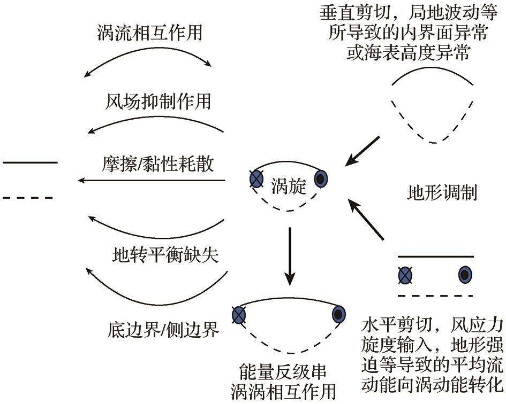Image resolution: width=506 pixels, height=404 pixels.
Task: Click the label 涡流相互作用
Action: (150, 33)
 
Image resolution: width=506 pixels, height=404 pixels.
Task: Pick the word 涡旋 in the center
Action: (288, 185)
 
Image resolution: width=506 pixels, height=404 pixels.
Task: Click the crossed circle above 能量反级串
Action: (239, 314)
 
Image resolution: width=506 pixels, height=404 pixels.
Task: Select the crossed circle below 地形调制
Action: (406, 276)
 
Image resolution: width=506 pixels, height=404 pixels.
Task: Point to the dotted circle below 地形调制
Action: (465, 275)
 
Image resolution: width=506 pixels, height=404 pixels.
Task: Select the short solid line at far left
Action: (30, 162)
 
